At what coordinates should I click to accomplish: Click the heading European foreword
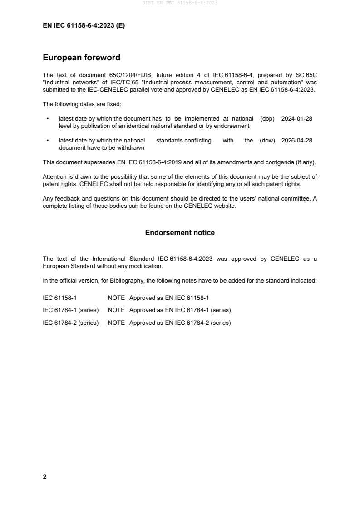[x=81, y=58]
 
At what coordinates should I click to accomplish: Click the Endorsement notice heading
[x=180, y=233]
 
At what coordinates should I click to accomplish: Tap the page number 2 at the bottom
[x=44, y=477]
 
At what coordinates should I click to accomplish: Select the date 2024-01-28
[x=297, y=118]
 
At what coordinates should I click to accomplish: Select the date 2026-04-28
[x=297, y=141]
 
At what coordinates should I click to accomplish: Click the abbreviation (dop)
[x=268, y=118]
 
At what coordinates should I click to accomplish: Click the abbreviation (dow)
[x=267, y=141]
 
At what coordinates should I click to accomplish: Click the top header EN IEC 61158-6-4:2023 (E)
[x=84, y=26]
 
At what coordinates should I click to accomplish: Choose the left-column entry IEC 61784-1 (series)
[x=71, y=310]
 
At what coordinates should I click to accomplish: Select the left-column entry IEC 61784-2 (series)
[x=71, y=323]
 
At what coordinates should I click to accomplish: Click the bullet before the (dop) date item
[x=48, y=119]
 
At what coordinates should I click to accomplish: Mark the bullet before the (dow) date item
[x=48, y=141]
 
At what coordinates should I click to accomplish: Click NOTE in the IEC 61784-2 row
[x=116, y=323]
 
